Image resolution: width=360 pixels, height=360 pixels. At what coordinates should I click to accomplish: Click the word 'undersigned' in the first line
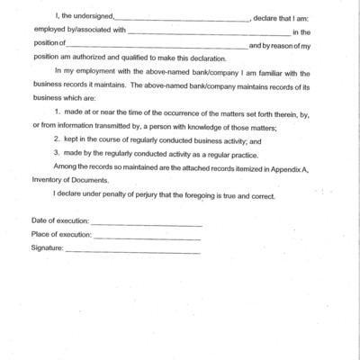point(90,18)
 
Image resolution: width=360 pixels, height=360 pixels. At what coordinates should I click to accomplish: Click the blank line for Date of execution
point(146,222)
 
